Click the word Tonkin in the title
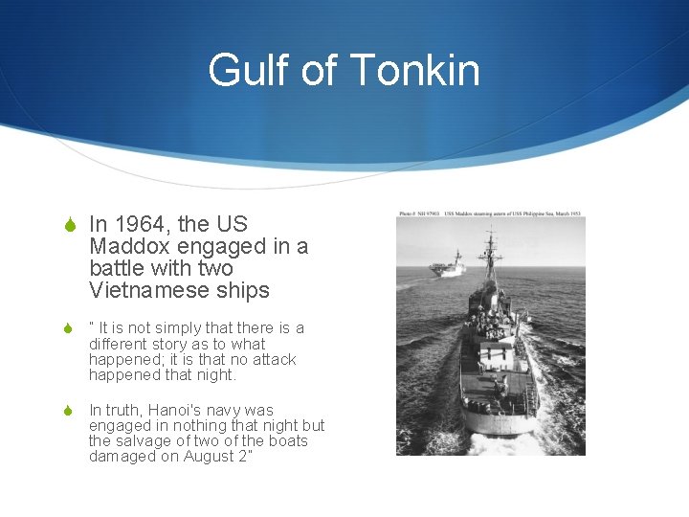tap(415, 71)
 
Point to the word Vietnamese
tap(145, 290)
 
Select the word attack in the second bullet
tap(272, 360)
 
